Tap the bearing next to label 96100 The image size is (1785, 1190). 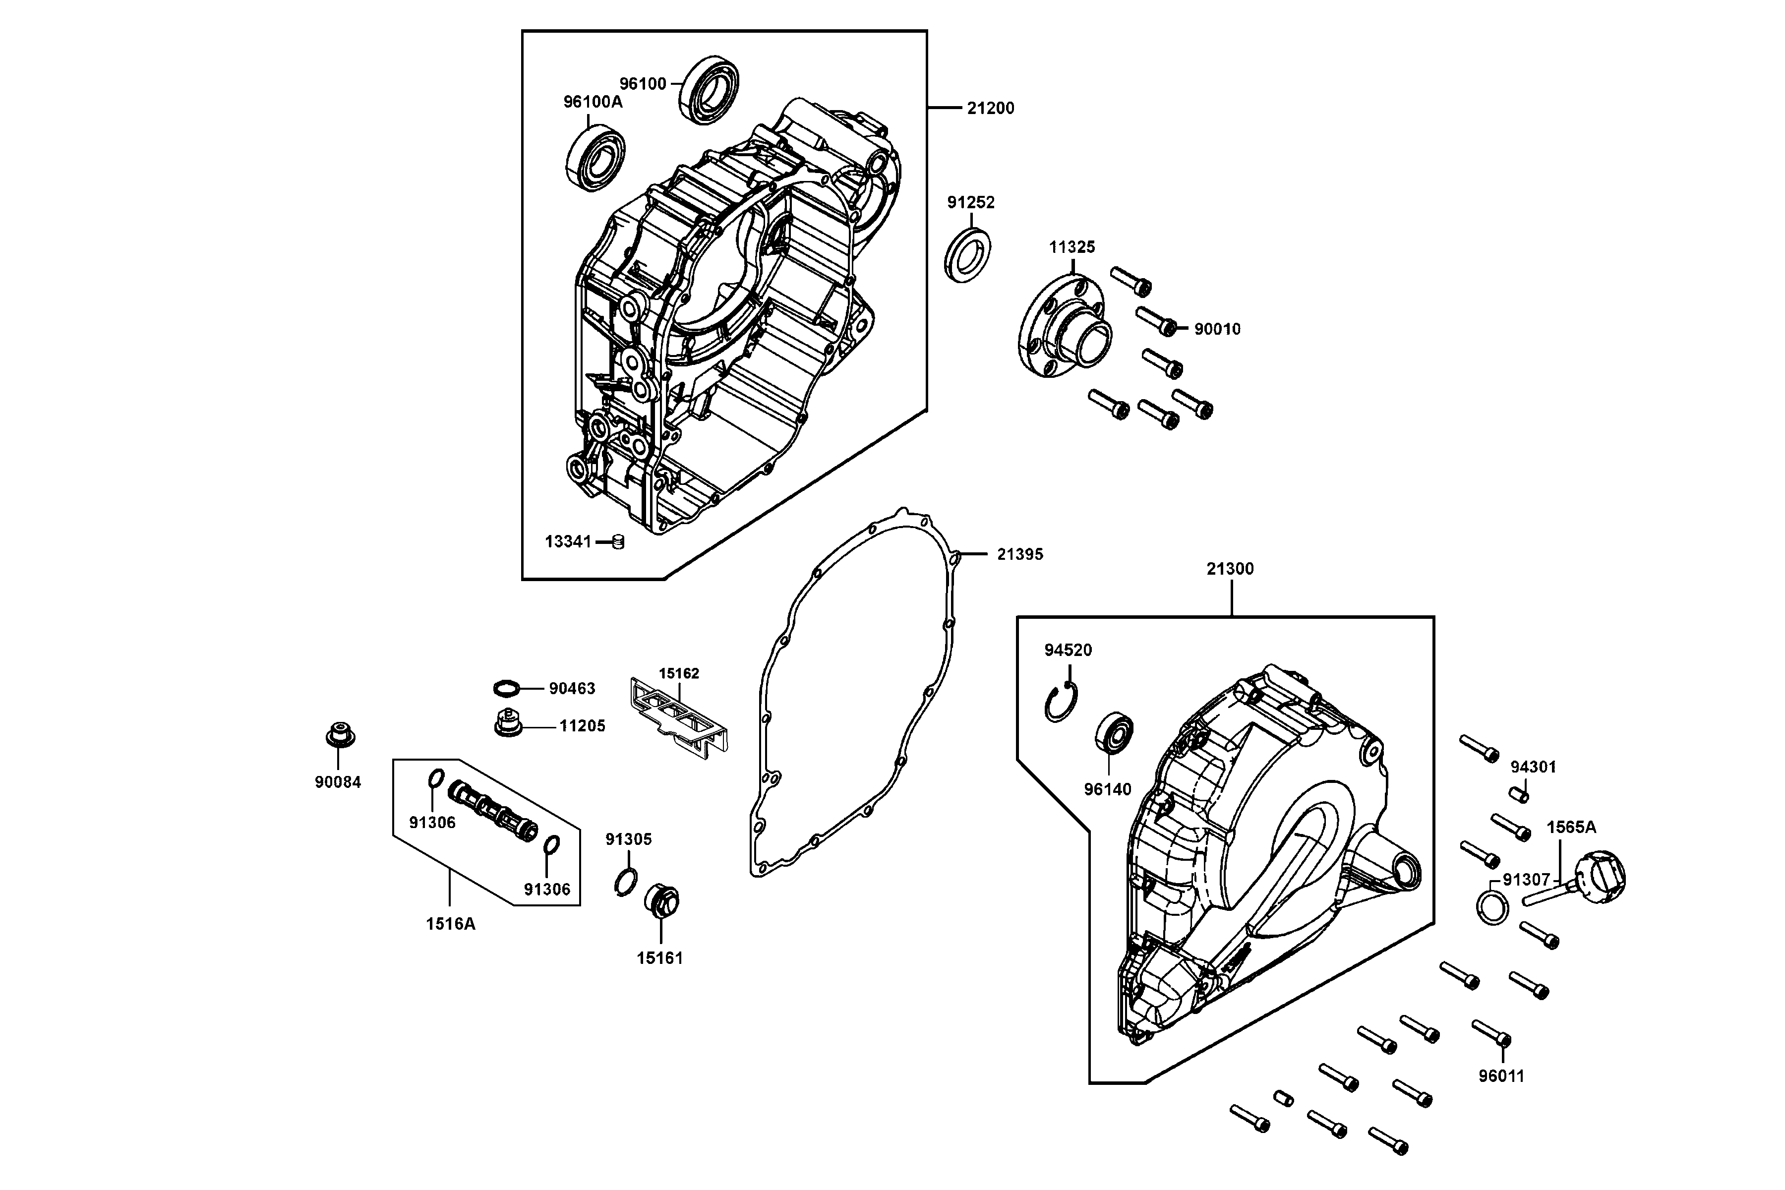[x=710, y=90]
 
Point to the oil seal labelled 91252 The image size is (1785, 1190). [x=968, y=254]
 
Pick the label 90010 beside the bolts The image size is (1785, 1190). [x=1217, y=329]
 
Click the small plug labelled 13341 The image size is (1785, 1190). [x=618, y=542]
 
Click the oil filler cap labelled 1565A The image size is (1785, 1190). [x=1599, y=878]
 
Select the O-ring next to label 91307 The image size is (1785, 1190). [x=1492, y=908]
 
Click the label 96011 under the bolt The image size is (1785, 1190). [x=1501, y=1076]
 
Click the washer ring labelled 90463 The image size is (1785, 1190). [x=506, y=688]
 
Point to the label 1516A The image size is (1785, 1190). [x=450, y=924]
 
